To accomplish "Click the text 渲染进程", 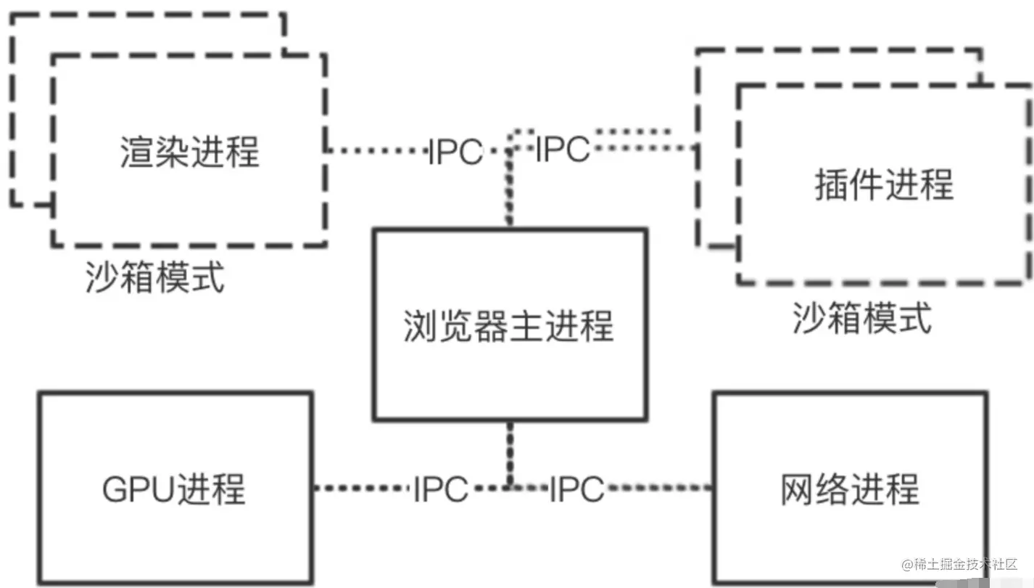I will (189, 152).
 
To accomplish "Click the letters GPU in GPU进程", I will (136, 489).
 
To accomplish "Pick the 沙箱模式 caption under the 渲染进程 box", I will (154, 277).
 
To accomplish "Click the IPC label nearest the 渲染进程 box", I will (455, 152).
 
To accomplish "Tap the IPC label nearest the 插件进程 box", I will (562, 149).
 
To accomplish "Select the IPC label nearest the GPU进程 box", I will (440, 489).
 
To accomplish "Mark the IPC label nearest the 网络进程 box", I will (576, 489).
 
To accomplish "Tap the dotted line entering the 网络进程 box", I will (660, 488).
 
